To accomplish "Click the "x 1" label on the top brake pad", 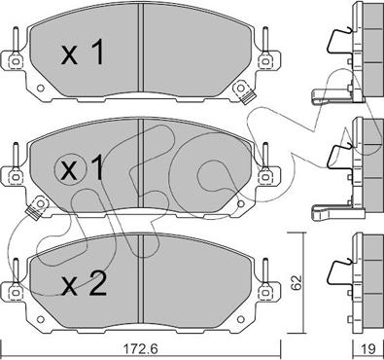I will (x=84, y=56).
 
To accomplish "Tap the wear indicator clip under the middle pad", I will (x=40, y=206).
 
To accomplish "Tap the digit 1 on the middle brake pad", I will (x=96, y=170).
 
